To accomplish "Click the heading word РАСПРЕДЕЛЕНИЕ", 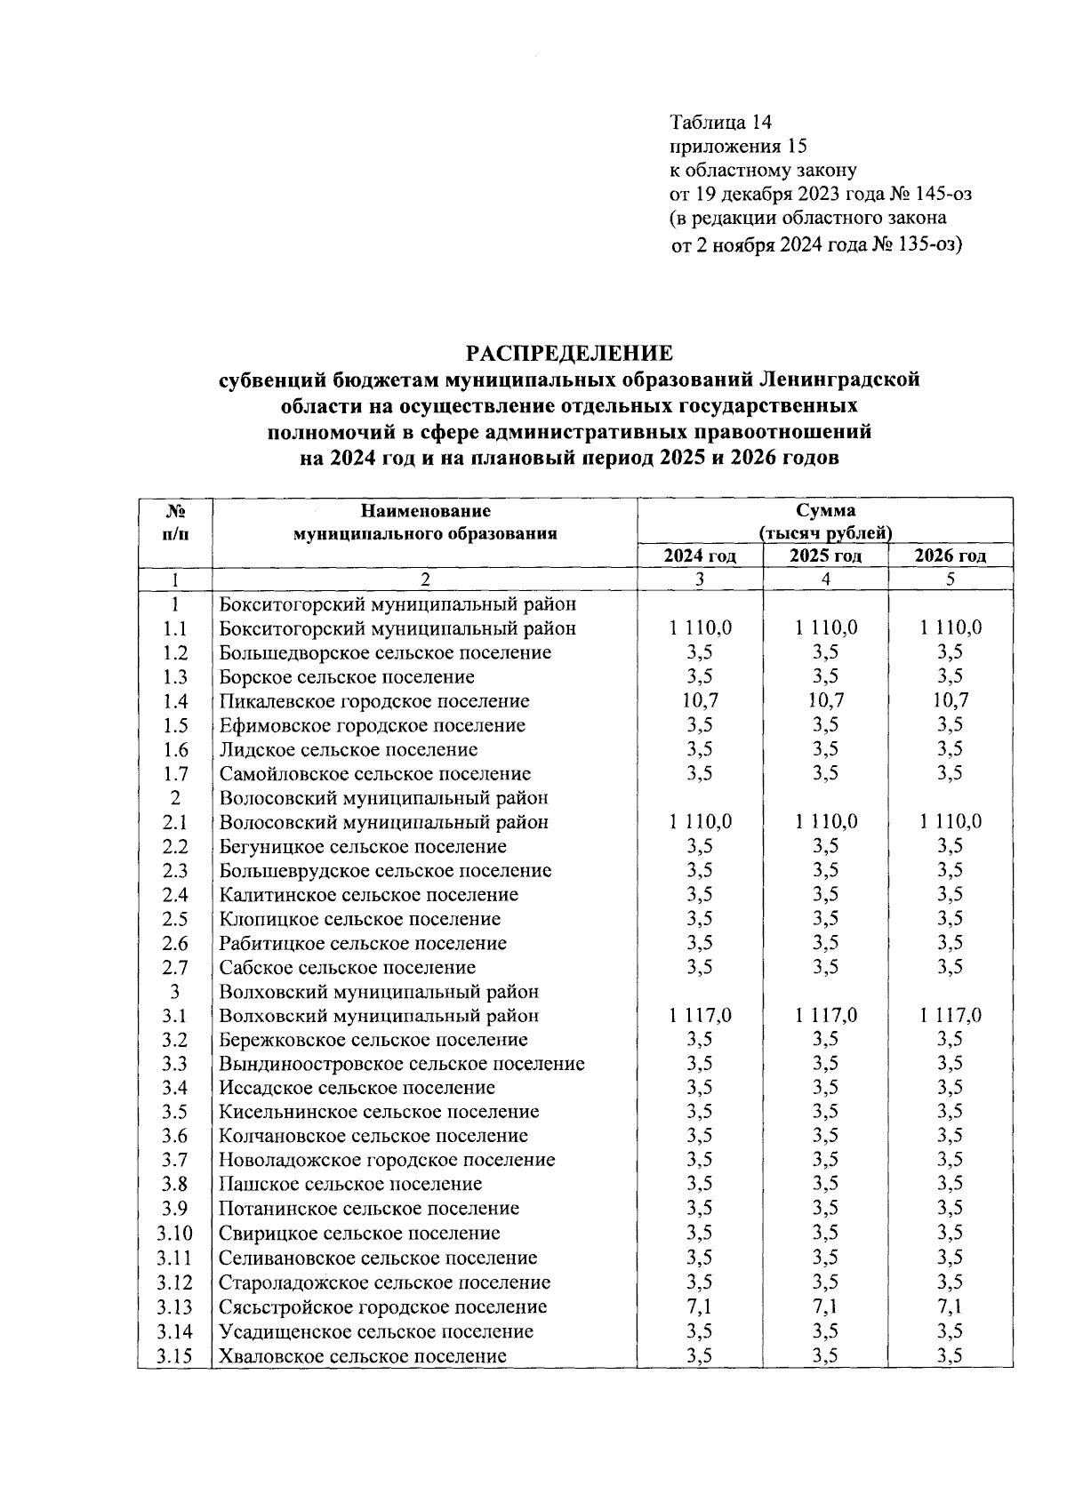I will click(570, 354).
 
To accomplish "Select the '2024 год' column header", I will click(700, 556).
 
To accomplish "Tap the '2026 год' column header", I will click(951, 556).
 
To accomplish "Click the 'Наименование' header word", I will click(425, 511).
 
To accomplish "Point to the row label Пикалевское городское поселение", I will click(374, 701).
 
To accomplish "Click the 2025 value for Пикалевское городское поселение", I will click(825, 701).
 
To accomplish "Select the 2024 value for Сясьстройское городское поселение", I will click(700, 1307).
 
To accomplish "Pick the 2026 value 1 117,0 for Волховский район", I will click(951, 1016).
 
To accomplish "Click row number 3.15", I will click(174, 1356).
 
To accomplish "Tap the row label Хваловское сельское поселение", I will click(363, 1356).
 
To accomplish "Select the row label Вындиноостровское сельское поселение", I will click(402, 1064).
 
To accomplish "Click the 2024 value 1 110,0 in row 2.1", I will click(700, 822).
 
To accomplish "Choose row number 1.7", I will click(175, 774).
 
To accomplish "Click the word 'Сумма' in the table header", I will click(825, 511).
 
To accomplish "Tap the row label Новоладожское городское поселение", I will click(387, 1160).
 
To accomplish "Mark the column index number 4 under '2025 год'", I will click(825, 579).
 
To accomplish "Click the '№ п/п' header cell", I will click(175, 523).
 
